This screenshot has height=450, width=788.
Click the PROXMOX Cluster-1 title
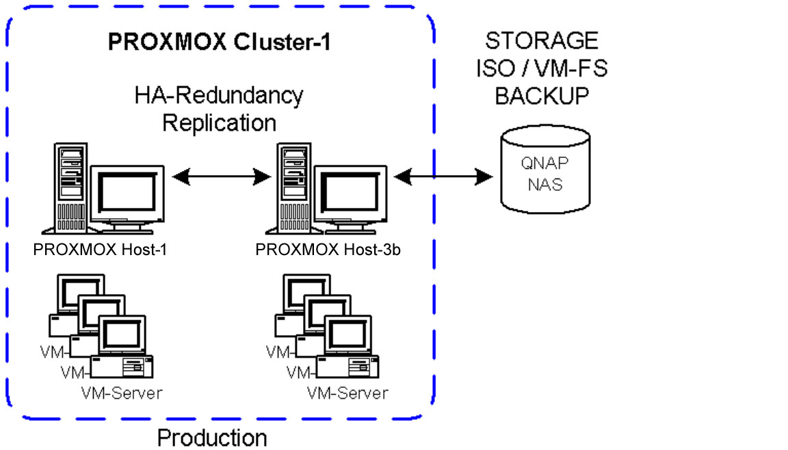tap(220, 42)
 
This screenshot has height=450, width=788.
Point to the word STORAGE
tap(542, 40)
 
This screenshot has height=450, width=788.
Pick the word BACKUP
tap(542, 96)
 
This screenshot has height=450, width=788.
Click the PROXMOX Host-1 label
tap(100, 250)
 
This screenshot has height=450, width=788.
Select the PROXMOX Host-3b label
tap(328, 250)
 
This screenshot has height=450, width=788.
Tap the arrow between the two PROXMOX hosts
tap(222, 178)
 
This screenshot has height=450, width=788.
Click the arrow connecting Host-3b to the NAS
tap(443, 178)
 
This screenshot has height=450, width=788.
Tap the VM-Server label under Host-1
tap(122, 393)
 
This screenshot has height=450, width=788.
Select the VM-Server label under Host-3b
tap(347, 393)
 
